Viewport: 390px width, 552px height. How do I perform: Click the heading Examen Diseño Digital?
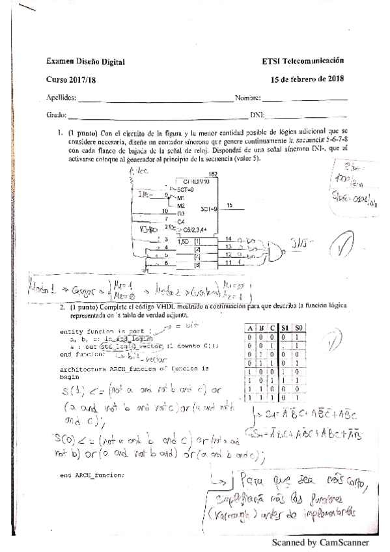(x=85, y=62)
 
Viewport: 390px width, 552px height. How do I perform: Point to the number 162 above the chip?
(x=213, y=174)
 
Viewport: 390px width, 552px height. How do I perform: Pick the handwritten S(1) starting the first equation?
(x=65, y=392)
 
